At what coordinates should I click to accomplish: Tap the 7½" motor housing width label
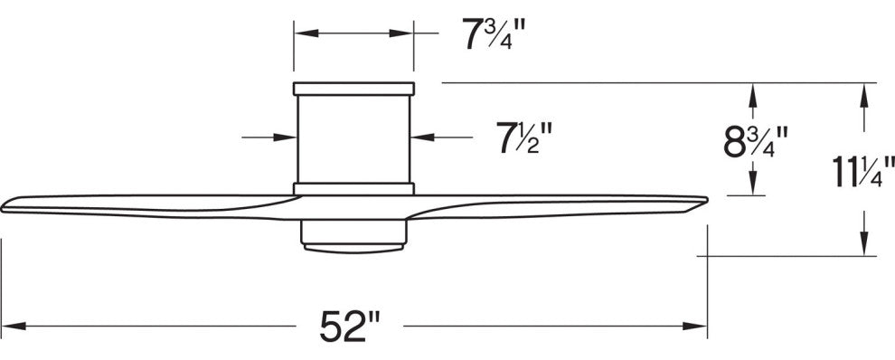pos(523,138)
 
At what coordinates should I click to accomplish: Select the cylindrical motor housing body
pos(353,138)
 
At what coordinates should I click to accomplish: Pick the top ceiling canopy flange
pos(353,88)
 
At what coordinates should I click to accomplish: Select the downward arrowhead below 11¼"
pos(865,246)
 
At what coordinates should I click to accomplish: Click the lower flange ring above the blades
pos(353,189)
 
